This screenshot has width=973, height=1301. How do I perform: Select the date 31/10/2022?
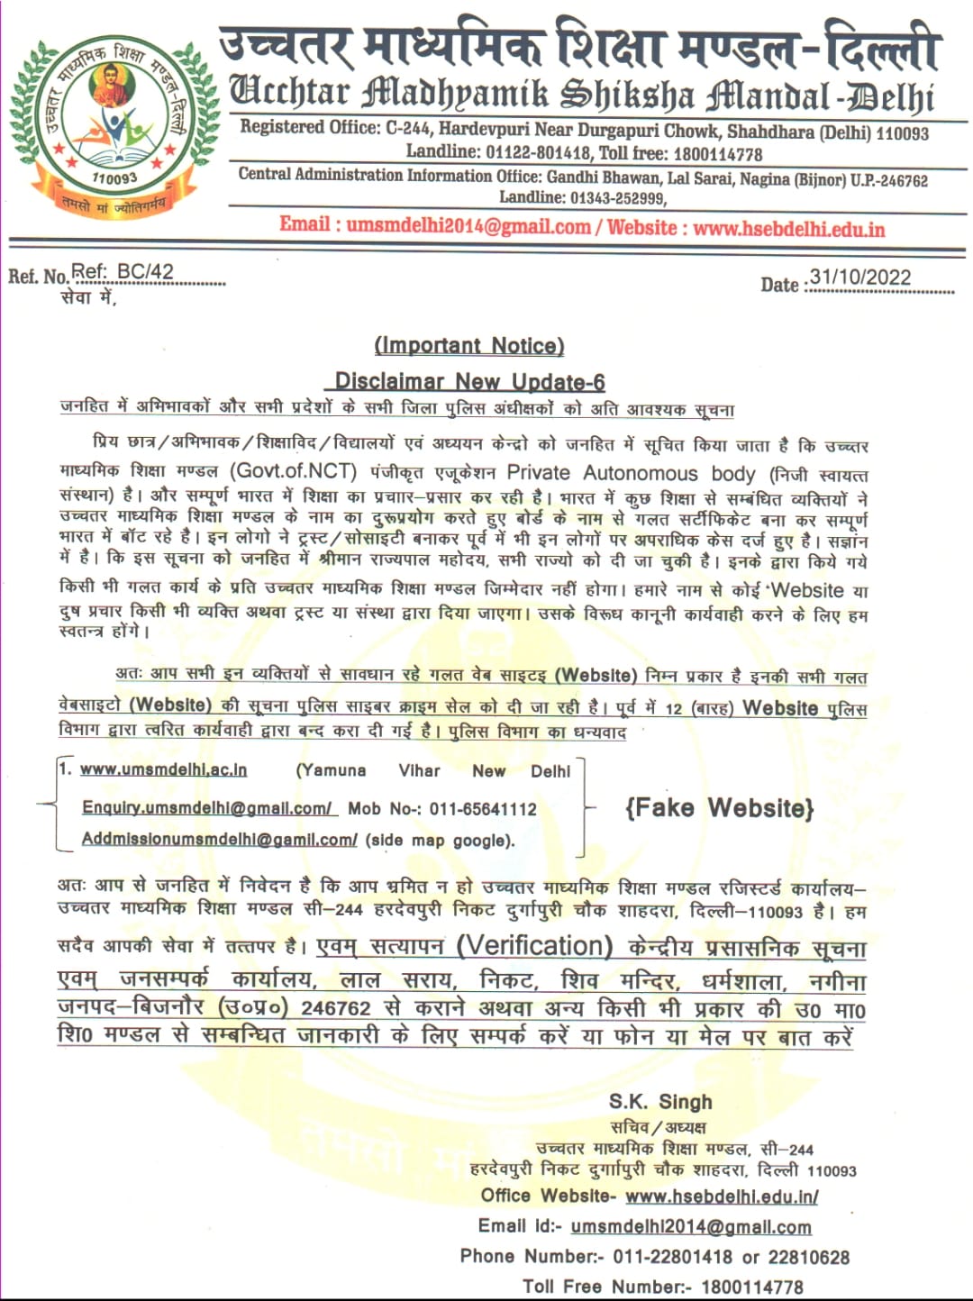(860, 277)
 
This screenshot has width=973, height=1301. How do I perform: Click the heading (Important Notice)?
(469, 346)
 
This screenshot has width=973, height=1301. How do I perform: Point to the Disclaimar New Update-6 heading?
(469, 382)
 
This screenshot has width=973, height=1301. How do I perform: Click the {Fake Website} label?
(719, 807)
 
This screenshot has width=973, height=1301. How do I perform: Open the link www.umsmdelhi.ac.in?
(163, 769)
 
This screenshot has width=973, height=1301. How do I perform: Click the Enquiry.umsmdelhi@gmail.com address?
(207, 808)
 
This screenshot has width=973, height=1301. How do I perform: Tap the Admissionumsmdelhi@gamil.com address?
(220, 839)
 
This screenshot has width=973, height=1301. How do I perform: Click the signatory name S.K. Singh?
(660, 1102)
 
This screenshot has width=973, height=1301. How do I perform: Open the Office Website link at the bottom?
(721, 1196)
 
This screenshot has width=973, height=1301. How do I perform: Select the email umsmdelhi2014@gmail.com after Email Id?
(691, 1227)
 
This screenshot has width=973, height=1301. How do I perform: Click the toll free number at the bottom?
(752, 1287)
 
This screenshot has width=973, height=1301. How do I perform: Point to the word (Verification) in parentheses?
(535, 946)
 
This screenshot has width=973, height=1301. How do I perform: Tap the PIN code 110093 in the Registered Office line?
(902, 133)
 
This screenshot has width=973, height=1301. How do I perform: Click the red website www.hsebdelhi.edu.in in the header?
(789, 228)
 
